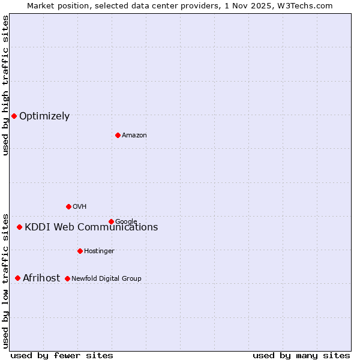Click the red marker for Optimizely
pyautogui.click(x=14, y=116)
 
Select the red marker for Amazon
pyautogui.click(x=118, y=135)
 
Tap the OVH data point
pyautogui.click(x=68, y=206)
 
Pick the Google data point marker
pyautogui.click(x=111, y=221)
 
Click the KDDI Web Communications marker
pyautogui.click(x=19, y=227)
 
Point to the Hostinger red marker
pyautogui.click(x=80, y=251)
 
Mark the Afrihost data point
pyautogui.click(x=17, y=278)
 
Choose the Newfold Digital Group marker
pyautogui.click(x=67, y=278)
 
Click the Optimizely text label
pyautogui.click(x=44, y=116)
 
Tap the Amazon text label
pyautogui.click(x=134, y=135)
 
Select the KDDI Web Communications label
pyautogui.click(x=91, y=227)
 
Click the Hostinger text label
pyautogui.click(x=99, y=251)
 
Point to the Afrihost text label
pyautogui.click(x=41, y=278)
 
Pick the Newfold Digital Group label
pyautogui.click(x=106, y=278)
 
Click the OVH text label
pyautogui.click(x=80, y=206)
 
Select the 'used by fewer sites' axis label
pyautogui.click(x=62, y=355)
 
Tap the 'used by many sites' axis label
pyautogui.click(x=301, y=355)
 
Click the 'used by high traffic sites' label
pyautogui.click(x=5, y=85)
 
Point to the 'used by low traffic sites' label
pyautogui.click(x=5, y=280)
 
